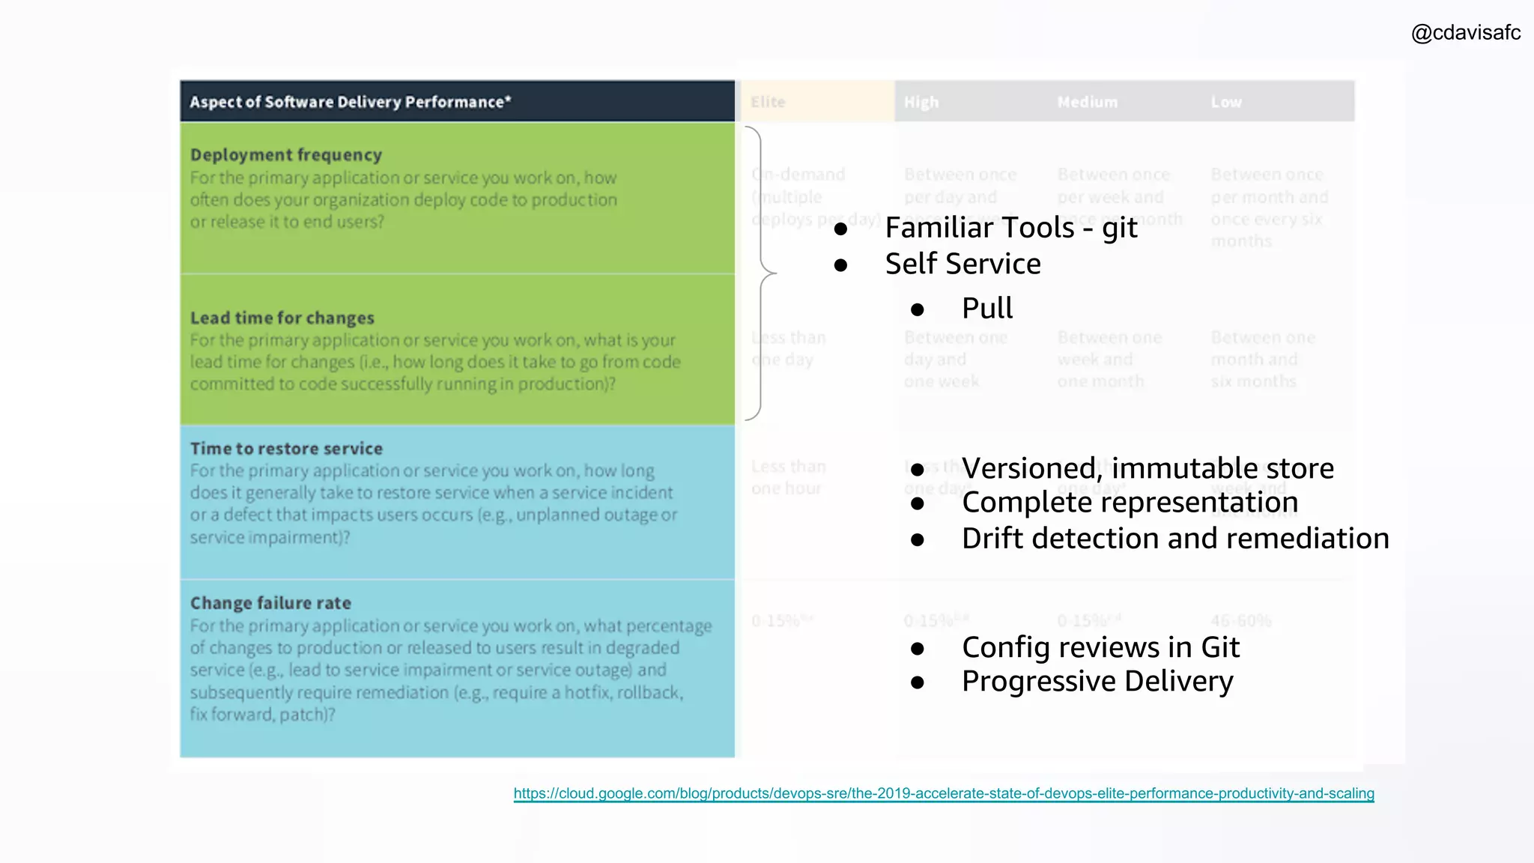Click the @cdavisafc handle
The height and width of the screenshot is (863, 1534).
pyautogui.click(x=1465, y=33)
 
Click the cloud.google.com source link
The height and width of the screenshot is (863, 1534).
pyautogui.click(x=943, y=793)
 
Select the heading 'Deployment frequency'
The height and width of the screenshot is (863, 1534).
pyautogui.click(x=286, y=155)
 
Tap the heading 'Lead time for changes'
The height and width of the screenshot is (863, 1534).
pyautogui.click(x=282, y=318)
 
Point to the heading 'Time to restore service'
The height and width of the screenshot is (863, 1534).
pyautogui.click(x=286, y=449)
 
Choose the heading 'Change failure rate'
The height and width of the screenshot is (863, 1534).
pyautogui.click(x=270, y=603)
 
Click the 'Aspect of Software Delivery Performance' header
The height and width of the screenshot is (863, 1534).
pyautogui.click(x=350, y=102)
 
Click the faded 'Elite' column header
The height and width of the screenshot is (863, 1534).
pyautogui.click(x=768, y=102)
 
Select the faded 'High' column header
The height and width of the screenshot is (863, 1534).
pyautogui.click(x=921, y=102)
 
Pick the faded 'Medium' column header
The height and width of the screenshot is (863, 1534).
pyautogui.click(x=1087, y=102)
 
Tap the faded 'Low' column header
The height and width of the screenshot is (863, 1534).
pyautogui.click(x=1226, y=102)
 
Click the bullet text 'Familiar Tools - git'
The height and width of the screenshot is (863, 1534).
pyautogui.click(x=1010, y=228)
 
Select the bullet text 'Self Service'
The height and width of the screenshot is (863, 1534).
pyautogui.click(x=962, y=264)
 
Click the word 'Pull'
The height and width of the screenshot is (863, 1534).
pyautogui.click(x=986, y=308)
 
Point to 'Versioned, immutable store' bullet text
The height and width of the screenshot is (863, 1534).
pyautogui.click(x=1148, y=468)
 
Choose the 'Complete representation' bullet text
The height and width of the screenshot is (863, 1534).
pyautogui.click(x=1130, y=502)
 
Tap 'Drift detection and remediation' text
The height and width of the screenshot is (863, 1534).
pyautogui.click(x=1175, y=539)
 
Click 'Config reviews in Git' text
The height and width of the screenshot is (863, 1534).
pyautogui.click(x=1100, y=647)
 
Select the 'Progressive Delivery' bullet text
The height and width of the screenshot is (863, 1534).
pyautogui.click(x=1097, y=681)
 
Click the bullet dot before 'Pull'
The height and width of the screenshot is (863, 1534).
pyautogui.click(x=918, y=309)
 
